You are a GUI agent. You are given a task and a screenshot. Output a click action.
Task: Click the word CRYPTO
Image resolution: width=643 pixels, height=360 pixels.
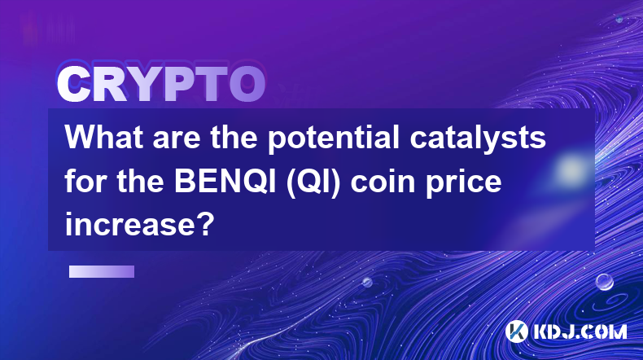tap(161, 84)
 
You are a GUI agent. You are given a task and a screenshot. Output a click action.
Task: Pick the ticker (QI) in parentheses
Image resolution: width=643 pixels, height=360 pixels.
tap(313, 182)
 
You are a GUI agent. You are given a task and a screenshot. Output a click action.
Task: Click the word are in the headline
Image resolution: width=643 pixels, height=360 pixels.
tap(177, 140)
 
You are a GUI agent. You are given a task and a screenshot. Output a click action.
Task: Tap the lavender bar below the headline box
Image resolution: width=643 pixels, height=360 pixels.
tap(102, 272)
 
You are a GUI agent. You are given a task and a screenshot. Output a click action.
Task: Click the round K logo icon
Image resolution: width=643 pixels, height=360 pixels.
tap(516, 331)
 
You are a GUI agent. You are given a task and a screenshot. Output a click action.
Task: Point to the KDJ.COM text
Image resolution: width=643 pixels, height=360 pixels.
tap(580, 331)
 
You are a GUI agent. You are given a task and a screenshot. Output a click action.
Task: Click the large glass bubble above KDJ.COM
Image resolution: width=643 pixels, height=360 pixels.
tap(605, 282)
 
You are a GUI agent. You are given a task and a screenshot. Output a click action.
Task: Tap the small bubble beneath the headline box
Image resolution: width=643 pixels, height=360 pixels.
tap(367, 282)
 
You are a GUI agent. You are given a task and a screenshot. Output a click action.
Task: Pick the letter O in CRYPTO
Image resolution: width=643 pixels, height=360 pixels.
tap(247, 84)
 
